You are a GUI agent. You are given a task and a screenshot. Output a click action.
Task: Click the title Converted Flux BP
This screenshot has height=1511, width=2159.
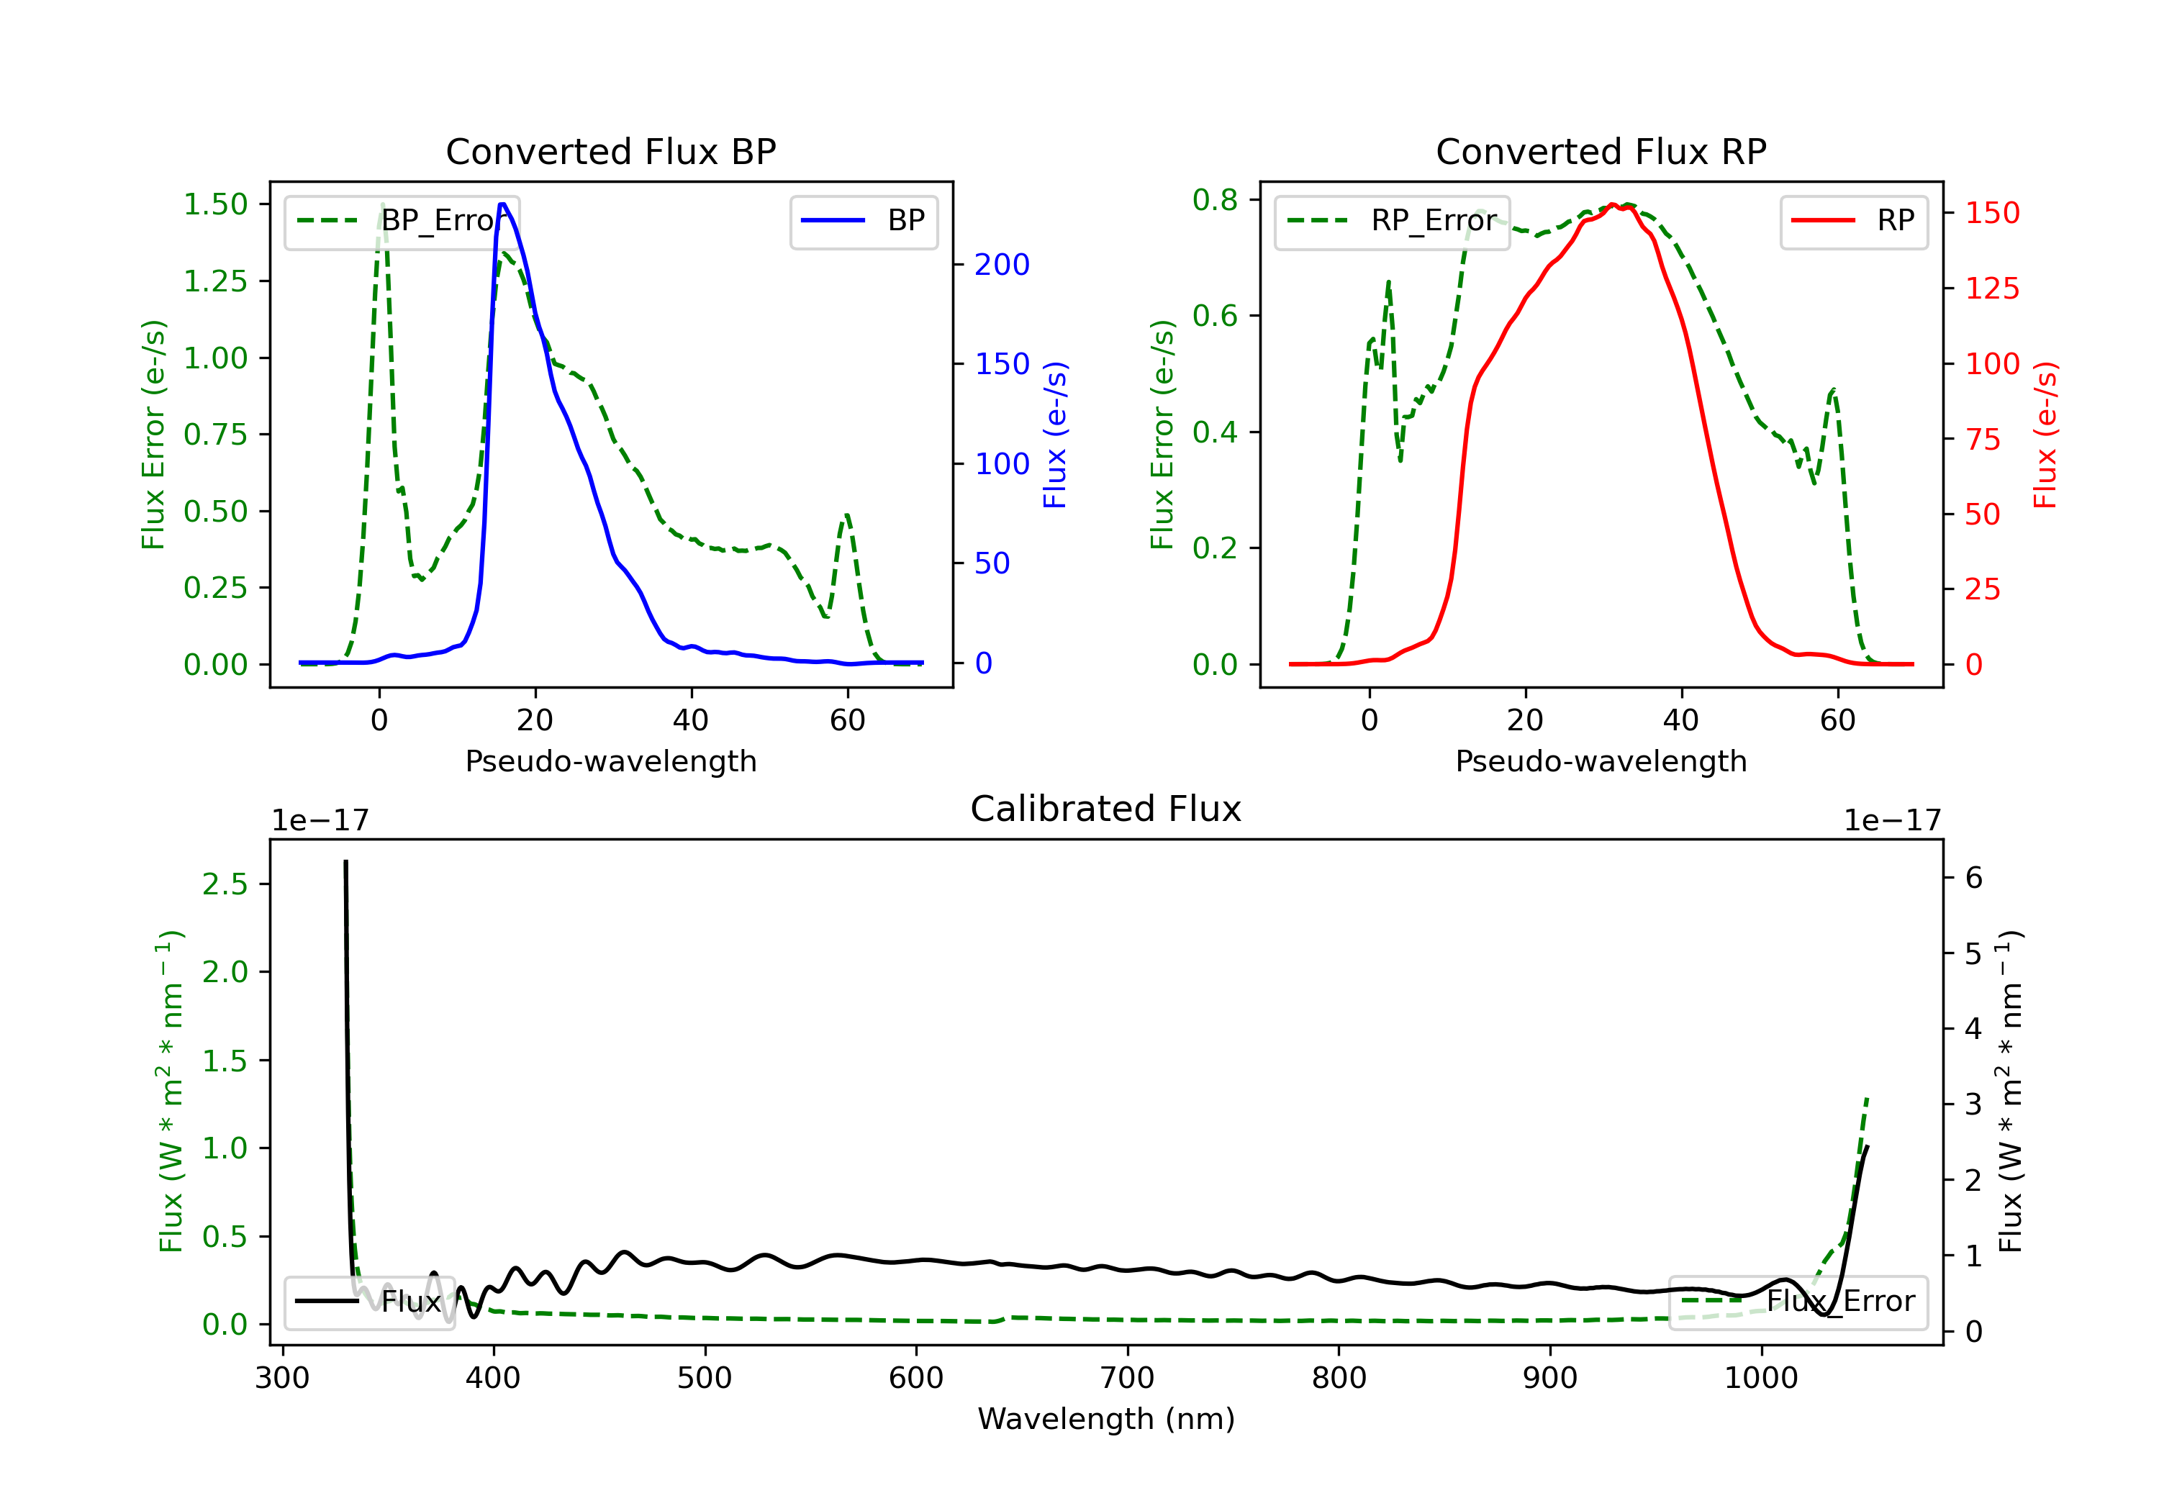tap(610, 151)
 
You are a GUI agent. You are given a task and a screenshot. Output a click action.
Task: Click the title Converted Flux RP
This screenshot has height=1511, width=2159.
tap(1601, 151)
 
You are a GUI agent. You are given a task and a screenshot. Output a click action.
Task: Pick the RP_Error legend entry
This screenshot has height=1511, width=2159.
tap(1392, 221)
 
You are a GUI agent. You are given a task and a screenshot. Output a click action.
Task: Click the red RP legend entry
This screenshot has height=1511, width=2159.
tap(1853, 221)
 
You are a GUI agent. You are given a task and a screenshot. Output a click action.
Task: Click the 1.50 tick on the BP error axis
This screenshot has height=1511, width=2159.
tap(215, 204)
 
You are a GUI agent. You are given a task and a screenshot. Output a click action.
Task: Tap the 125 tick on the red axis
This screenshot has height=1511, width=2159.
tap(1991, 289)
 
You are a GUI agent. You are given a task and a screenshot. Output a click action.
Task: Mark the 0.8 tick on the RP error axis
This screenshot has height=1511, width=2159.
tap(1215, 199)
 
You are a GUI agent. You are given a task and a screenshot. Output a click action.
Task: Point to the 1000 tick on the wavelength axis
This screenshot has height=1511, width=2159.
tap(1760, 1379)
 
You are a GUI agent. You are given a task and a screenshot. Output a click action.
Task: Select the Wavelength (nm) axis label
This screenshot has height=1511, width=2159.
tap(1106, 1419)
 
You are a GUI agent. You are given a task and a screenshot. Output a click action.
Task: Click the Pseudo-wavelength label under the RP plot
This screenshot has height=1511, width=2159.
tap(1601, 761)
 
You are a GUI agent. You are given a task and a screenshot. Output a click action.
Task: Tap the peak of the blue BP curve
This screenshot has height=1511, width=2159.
tap(502, 204)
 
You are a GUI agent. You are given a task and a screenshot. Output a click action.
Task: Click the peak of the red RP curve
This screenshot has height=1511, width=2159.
tap(1612, 205)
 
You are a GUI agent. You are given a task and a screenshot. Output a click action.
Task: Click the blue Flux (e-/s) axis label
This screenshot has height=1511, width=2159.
tap(1055, 435)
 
